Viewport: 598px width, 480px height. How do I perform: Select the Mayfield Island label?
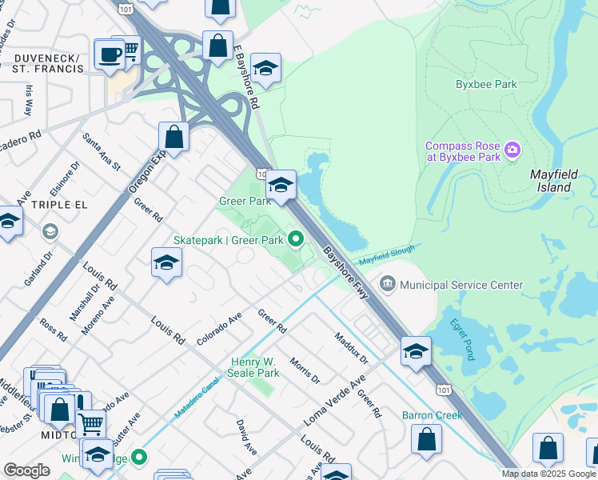[x=552, y=180]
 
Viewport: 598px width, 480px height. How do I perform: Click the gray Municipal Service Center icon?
[x=388, y=284]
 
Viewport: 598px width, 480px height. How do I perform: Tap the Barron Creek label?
[x=432, y=415]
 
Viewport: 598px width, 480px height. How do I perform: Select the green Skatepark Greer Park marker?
[x=296, y=239]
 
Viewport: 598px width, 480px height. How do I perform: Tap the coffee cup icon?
[x=109, y=54]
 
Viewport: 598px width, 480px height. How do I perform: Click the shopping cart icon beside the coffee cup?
[x=128, y=50]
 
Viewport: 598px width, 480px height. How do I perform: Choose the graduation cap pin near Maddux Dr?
[x=416, y=351]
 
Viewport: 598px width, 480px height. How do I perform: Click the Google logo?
[x=27, y=470]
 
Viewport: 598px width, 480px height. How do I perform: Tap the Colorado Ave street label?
[x=219, y=328]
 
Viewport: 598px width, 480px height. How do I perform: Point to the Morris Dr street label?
[x=305, y=370]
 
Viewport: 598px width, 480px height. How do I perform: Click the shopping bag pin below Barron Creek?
[x=427, y=439]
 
